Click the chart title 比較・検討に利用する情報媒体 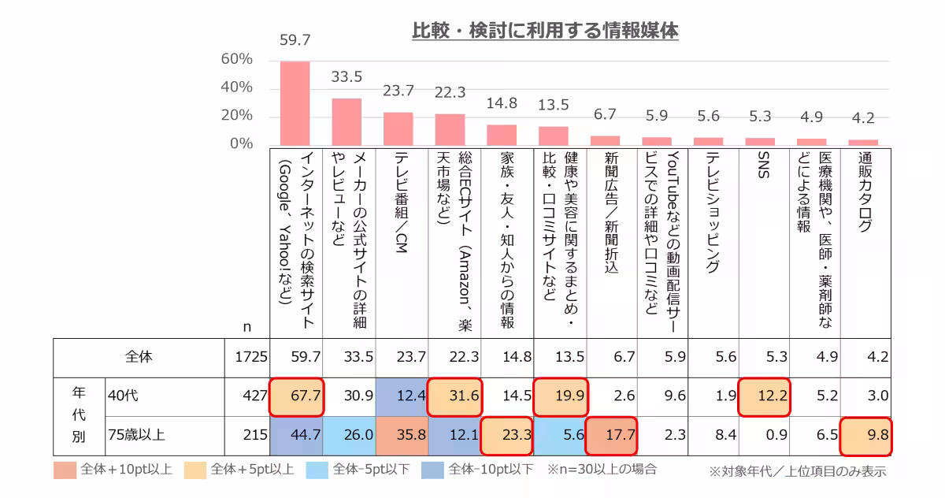click(x=545, y=31)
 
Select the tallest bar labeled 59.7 click(x=295, y=103)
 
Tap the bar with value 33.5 click(x=346, y=121)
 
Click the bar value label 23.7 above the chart click(x=398, y=91)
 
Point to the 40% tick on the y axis click(x=236, y=87)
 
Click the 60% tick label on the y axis click(x=236, y=59)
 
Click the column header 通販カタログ click(x=865, y=192)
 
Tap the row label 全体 click(x=139, y=357)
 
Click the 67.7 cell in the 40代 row click(x=296, y=396)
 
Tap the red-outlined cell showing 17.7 click(x=611, y=434)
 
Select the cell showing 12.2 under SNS click(x=764, y=396)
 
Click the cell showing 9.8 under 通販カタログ click(x=866, y=434)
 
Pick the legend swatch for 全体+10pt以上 click(x=65, y=470)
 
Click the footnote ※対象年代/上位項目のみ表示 click(x=797, y=471)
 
